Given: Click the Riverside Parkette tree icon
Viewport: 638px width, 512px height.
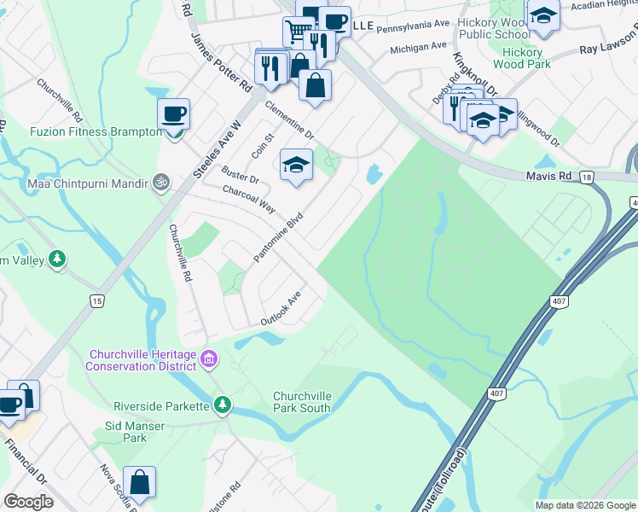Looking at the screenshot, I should pyautogui.click(x=222, y=404).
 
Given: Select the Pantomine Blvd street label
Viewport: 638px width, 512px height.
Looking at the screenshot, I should pyautogui.click(x=278, y=238).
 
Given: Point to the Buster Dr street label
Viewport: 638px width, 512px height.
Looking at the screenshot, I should pyautogui.click(x=240, y=176).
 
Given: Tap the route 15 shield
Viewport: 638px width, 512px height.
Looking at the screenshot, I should pyautogui.click(x=97, y=301).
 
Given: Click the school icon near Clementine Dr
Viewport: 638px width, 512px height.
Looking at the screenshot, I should pyautogui.click(x=296, y=164).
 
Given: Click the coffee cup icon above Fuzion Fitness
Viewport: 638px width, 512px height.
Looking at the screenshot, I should pyautogui.click(x=174, y=113).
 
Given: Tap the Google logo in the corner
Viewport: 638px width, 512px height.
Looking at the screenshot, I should pyautogui.click(x=28, y=502).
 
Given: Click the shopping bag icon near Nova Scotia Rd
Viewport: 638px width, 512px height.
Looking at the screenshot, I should pyautogui.click(x=140, y=482).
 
